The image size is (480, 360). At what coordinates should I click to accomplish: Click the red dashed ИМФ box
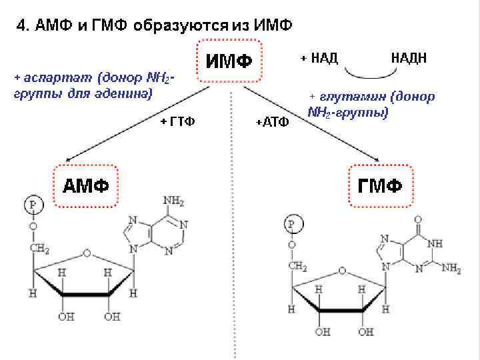(x=229, y=62)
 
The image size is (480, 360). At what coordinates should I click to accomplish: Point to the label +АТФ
(x=272, y=123)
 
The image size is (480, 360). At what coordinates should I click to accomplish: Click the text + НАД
(x=319, y=57)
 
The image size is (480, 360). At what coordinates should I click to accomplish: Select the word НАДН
(x=409, y=57)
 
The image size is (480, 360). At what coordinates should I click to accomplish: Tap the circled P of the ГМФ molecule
(x=291, y=223)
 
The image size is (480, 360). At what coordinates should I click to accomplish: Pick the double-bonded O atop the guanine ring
(x=418, y=219)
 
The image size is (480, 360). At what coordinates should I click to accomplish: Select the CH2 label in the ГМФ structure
(x=298, y=267)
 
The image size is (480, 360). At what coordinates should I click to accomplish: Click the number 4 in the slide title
(x=21, y=26)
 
